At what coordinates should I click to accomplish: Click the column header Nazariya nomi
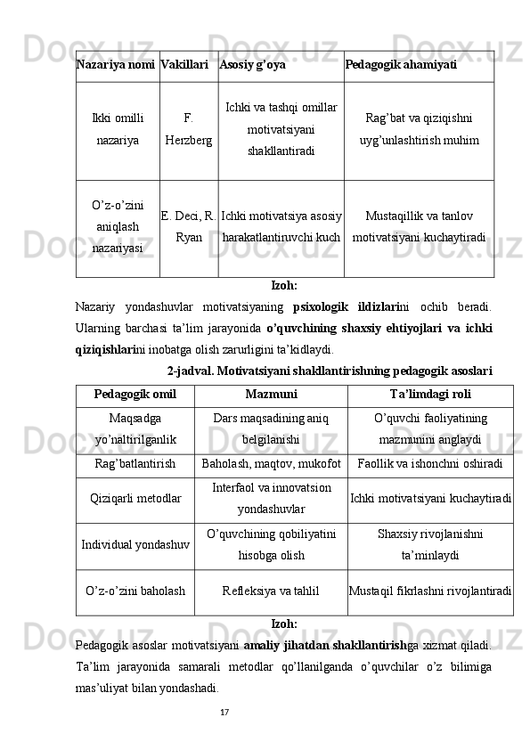click(x=116, y=65)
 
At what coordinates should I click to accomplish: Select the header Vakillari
click(x=185, y=65)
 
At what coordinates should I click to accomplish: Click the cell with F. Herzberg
click(x=189, y=130)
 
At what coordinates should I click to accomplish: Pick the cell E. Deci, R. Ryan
click(x=189, y=227)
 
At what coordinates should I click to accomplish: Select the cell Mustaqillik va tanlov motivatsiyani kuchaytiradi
click(x=419, y=227)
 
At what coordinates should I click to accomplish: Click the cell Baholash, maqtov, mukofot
click(x=271, y=463)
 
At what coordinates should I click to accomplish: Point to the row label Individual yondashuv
click(x=135, y=544)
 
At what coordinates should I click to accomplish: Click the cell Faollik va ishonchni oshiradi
click(x=430, y=463)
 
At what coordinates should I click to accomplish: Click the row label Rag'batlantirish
click(x=135, y=463)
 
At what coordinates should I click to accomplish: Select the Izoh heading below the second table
click(x=283, y=624)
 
